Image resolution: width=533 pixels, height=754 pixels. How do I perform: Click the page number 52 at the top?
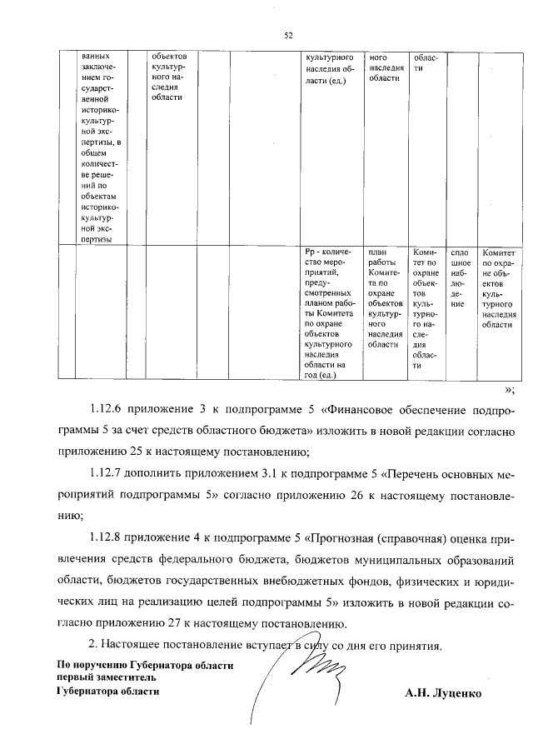(x=288, y=35)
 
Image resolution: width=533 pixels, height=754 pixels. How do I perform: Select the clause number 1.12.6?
(x=108, y=409)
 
